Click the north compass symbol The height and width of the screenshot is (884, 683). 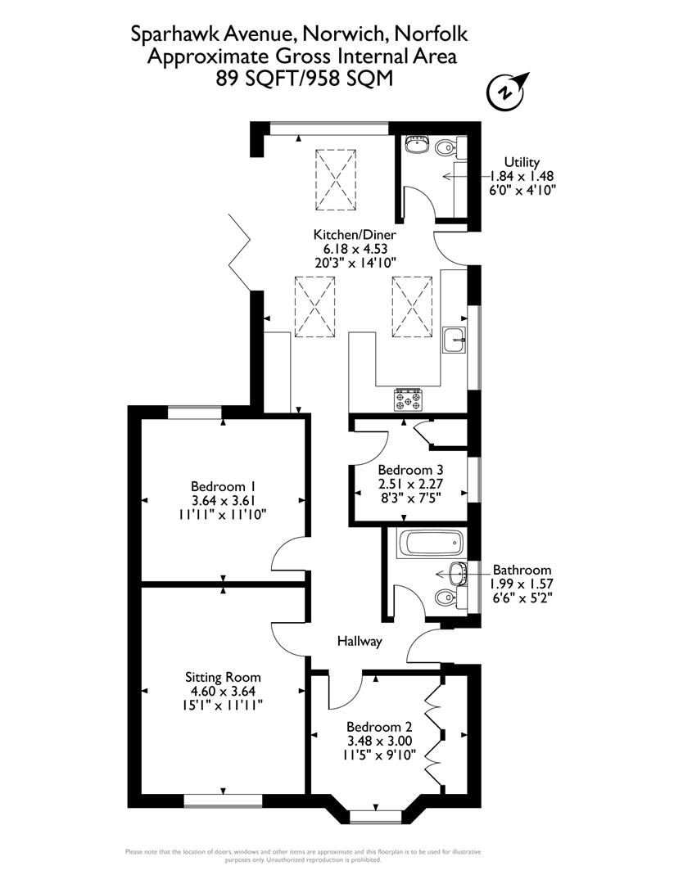507,92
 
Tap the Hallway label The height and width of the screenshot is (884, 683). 360,642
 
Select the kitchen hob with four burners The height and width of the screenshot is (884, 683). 409,399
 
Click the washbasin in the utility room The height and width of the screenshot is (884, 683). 418,145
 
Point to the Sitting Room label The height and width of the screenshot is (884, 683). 223,677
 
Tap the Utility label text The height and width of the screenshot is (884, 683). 522,162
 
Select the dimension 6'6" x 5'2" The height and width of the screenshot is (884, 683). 520,598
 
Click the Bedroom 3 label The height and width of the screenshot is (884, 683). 410,471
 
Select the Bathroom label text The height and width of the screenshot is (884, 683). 522,570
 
